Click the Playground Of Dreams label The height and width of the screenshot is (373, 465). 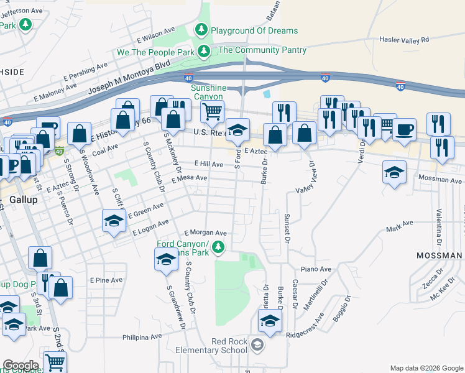point(254,30)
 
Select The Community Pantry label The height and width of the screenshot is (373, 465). point(262,50)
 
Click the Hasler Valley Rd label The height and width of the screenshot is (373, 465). point(404,40)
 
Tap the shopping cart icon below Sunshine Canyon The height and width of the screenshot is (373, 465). point(213,113)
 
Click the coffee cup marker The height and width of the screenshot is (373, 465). point(404,129)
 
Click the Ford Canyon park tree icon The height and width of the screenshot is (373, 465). point(218,248)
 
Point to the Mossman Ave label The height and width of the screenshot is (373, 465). point(440,179)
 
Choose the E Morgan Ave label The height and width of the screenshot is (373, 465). point(205,233)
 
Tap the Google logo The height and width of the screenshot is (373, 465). point(21,365)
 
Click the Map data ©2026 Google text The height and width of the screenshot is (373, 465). point(426,368)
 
